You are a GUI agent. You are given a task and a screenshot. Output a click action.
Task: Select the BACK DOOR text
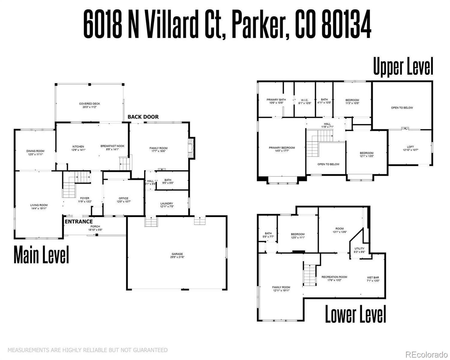tap(143, 117)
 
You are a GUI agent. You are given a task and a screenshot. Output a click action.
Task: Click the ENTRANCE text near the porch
tap(79, 222)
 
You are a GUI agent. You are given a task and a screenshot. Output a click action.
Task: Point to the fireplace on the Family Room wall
tap(191, 147)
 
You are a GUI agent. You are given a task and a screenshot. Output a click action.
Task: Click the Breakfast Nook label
tap(112, 146)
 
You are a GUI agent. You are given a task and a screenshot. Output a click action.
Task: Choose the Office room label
tap(123, 198)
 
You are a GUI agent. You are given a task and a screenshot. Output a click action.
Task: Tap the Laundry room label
tap(166, 204)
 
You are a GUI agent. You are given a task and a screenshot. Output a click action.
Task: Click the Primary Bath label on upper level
tap(276, 100)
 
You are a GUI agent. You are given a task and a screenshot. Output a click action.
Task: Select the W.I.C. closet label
tap(304, 100)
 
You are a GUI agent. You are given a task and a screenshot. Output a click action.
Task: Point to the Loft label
tap(410, 147)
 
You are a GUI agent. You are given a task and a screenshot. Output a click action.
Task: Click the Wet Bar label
tap(373, 277)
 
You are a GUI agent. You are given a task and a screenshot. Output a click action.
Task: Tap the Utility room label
tap(359, 248)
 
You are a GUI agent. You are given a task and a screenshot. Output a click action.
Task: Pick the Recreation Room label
tap(334, 277)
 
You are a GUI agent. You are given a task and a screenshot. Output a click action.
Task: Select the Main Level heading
tap(41, 255)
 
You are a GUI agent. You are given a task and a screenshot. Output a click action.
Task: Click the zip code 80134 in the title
tap(346, 24)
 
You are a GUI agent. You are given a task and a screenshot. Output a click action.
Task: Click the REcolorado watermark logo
tap(426, 355)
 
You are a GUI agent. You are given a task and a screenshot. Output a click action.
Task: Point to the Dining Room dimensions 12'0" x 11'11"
tap(35, 154)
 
